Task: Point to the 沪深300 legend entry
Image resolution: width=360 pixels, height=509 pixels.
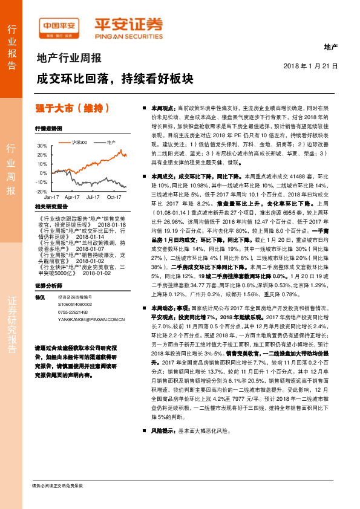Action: point(79,141)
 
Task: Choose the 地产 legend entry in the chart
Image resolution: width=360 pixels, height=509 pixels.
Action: point(110,141)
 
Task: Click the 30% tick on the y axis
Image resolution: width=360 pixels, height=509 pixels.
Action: point(42,146)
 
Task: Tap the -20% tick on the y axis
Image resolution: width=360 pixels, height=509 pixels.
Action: point(41,191)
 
